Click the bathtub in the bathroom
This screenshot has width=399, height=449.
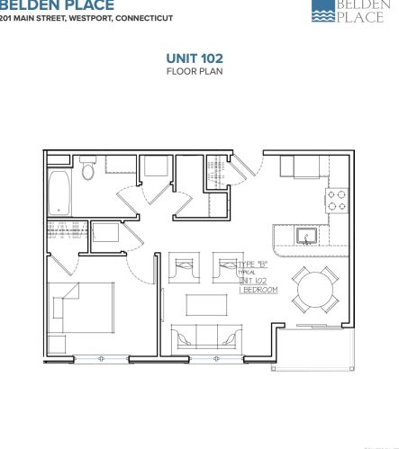point(60,193)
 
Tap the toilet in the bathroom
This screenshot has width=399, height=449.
point(88,169)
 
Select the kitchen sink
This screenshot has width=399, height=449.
point(307,237)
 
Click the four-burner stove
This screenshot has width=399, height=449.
point(338,200)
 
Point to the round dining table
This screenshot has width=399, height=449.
point(315,290)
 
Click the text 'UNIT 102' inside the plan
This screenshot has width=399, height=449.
point(254,281)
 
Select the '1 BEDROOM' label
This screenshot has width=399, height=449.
point(258,291)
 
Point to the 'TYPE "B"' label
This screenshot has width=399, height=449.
point(254,263)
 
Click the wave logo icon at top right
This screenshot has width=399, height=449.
point(322,10)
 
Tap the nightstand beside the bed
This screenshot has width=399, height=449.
point(58,344)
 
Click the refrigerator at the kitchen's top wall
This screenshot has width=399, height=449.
point(295,166)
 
